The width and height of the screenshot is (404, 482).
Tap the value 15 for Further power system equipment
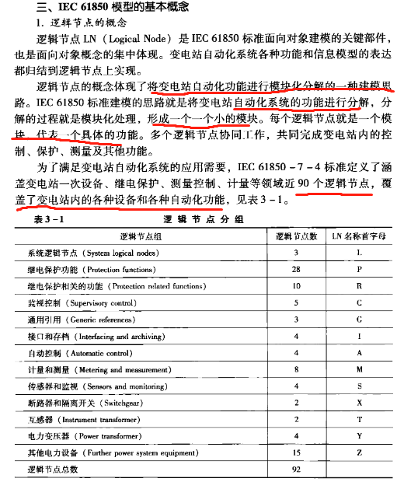coord(296,452)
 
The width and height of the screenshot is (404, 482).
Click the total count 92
coord(296,470)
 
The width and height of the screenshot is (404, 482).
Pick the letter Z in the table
coord(358,452)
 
